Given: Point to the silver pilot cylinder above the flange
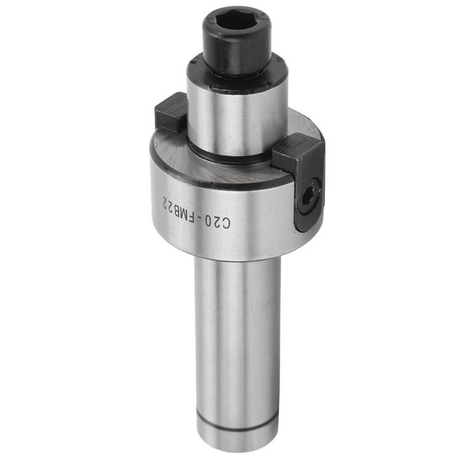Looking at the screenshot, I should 237,117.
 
